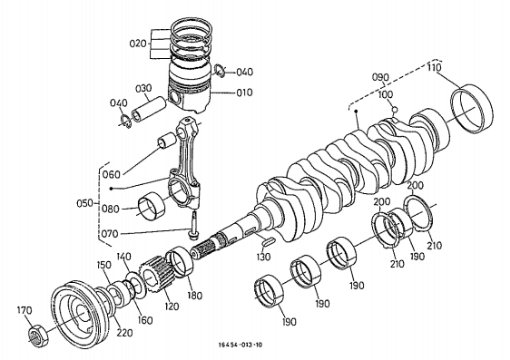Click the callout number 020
pos(138,44)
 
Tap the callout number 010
pos(245,92)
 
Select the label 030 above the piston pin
pos(143,89)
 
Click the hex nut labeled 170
pos(38,336)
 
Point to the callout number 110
pos(434,68)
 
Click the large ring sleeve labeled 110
pos(471,108)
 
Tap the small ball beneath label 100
pos(395,109)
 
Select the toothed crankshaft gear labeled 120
pos(156,274)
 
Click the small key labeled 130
pos(267,241)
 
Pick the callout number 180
pos(195,295)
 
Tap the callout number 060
pos(111,174)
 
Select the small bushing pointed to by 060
pos(168,140)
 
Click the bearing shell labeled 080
pos(152,206)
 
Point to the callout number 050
pos(85,203)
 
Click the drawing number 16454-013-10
pos(240,345)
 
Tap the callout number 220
pos(125,332)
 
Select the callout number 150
pos(104,265)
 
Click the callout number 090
pos(380,77)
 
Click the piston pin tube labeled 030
pos(149,108)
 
